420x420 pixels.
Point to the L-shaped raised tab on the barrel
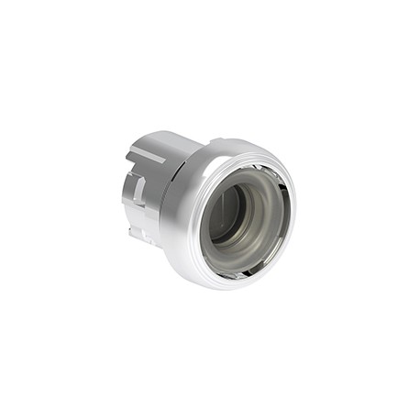pos(138,187)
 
